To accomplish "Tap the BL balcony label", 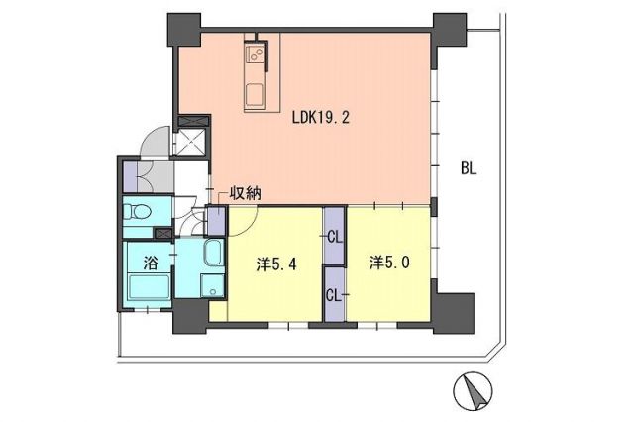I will (x=468, y=168).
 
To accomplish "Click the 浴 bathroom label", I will (x=151, y=264).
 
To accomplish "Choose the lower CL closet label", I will (x=335, y=294).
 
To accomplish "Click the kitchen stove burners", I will (x=254, y=51).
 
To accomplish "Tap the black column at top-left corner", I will (x=185, y=29).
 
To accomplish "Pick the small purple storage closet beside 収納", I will (x=215, y=219).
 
